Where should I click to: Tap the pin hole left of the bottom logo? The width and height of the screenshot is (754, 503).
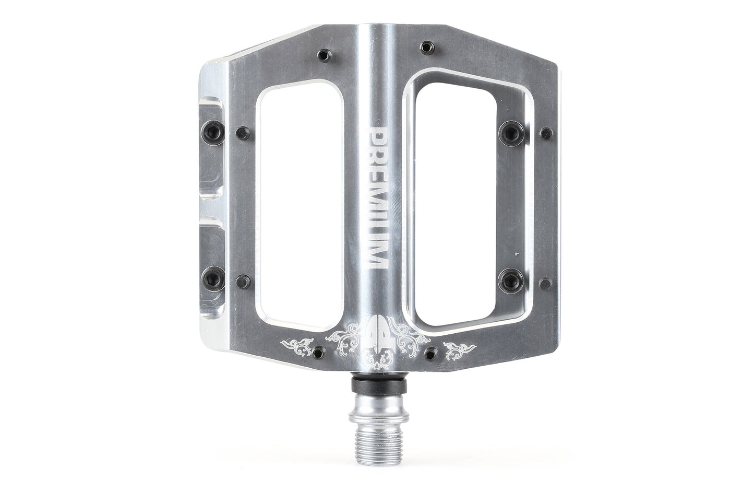coord(316,350)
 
